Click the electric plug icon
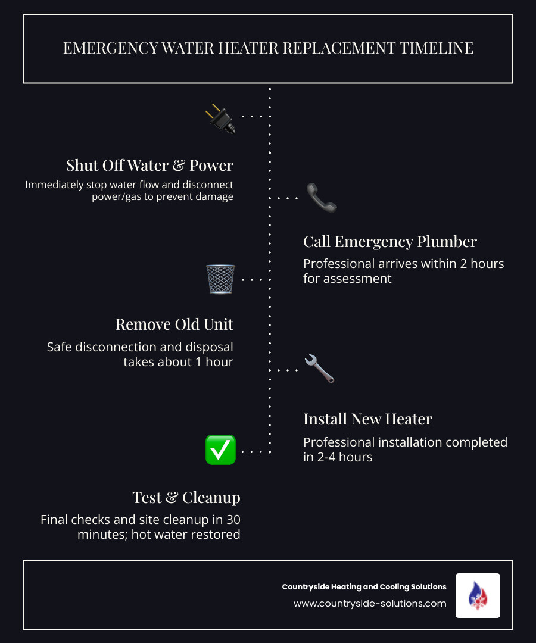(220, 118)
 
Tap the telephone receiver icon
(322, 198)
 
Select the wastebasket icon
(220, 279)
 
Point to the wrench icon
(319, 369)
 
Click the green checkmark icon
(220, 450)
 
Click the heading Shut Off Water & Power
(149, 165)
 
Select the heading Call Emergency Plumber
(390, 241)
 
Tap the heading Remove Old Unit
(174, 324)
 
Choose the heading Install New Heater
(367, 419)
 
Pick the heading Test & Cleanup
(186, 497)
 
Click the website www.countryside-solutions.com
(370, 603)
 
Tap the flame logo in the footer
(478, 595)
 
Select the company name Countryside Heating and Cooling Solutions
(364, 587)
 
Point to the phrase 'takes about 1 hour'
(178, 361)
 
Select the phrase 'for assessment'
(347, 278)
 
